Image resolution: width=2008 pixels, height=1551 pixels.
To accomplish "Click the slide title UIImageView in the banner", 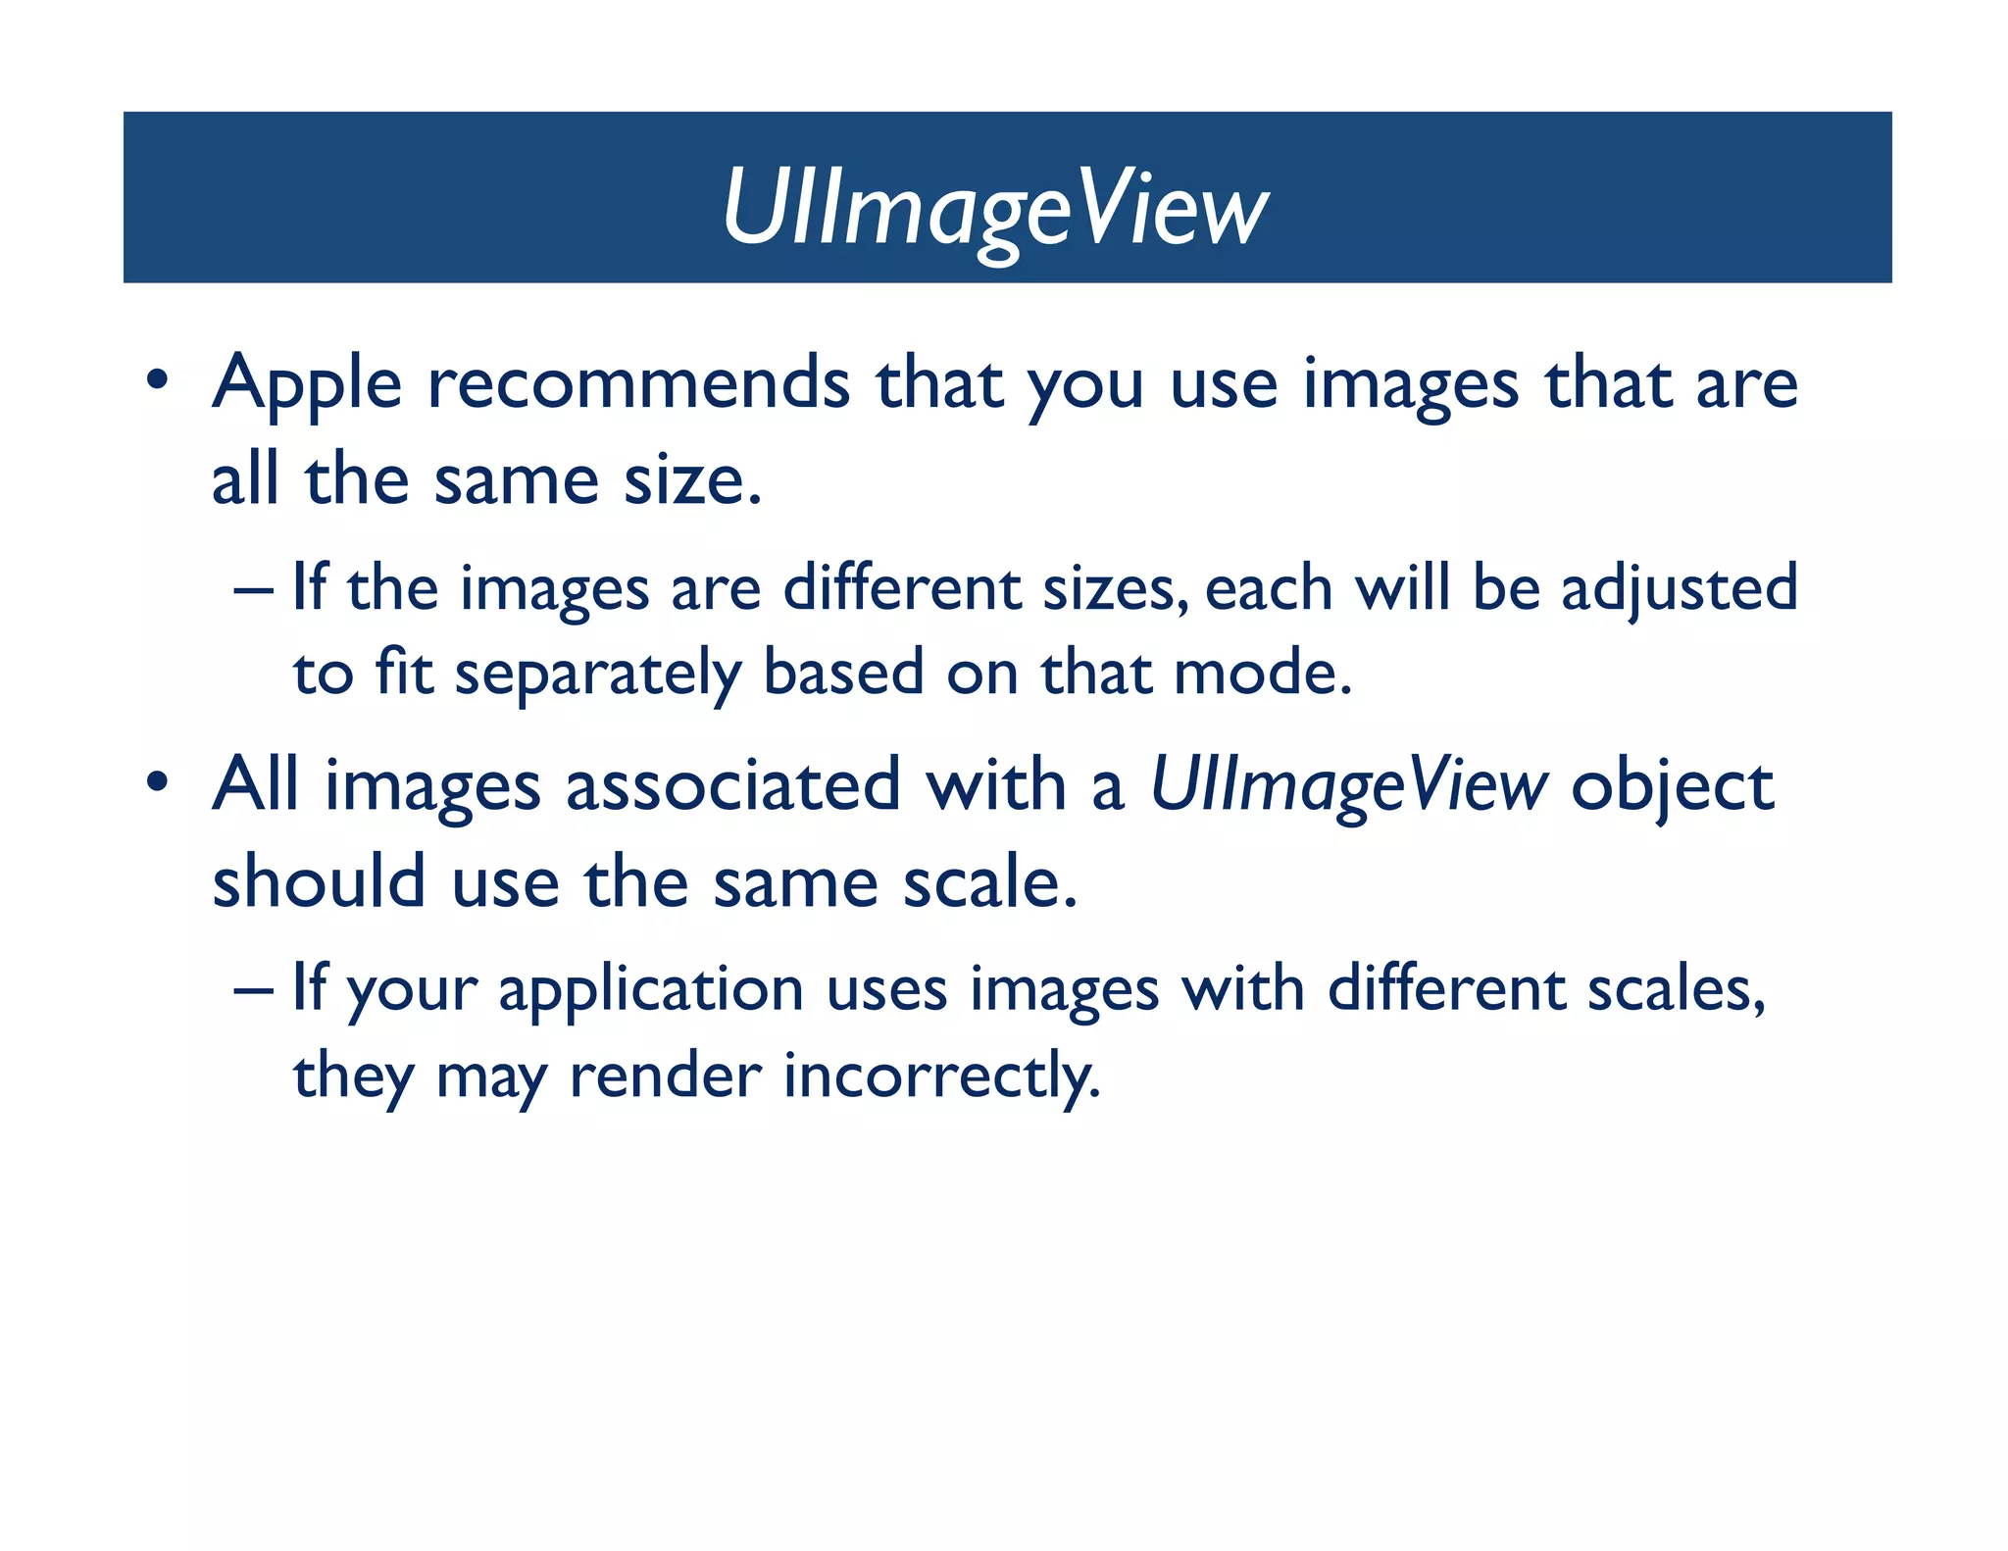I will pyautogui.click(x=994, y=208).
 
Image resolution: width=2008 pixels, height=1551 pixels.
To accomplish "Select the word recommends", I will pyautogui.click(x=638, y=382).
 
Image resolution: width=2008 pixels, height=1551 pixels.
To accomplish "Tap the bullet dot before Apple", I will pyautogui.click(x=157, y=379).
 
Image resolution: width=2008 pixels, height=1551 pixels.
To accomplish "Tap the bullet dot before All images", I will pyautogui.click(x=157, y=782).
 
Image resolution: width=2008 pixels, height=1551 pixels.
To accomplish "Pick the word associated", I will pyautogui.click(x=732, y=786).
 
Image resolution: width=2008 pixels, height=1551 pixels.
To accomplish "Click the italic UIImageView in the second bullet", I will pyautogui.click(x=1348, y=786).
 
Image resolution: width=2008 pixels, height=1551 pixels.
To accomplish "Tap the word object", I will pyautogui.click(x=1672, y=788).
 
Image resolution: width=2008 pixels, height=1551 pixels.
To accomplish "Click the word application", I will pyautogui.click(x=651, y=990).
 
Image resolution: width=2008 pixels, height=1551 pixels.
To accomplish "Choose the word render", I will pyautogui.click(x=665, y=1076).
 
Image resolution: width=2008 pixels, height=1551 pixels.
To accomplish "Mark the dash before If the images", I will pyautogui.click(x=254, y=591).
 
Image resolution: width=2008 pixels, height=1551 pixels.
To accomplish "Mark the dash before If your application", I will pyautogui.click(x=254, y=990).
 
